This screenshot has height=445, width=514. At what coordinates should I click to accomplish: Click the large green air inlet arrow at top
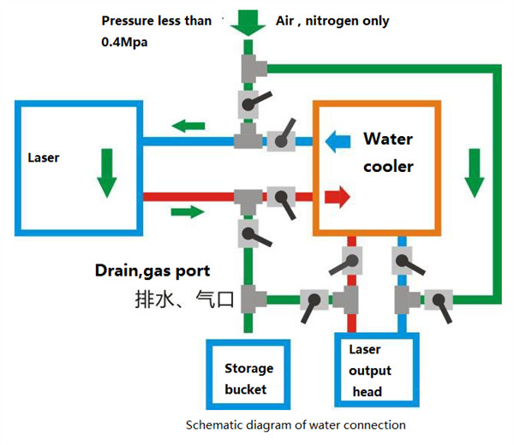point(248,22)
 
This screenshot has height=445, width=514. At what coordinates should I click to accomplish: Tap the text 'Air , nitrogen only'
point(330,20)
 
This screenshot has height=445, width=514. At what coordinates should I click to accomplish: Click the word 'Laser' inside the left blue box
point(43,157)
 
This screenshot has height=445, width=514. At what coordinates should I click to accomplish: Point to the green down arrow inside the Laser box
point(105,171)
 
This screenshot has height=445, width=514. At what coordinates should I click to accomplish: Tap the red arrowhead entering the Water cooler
point(340,198)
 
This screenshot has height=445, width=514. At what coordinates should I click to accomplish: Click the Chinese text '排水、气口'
point(183,299)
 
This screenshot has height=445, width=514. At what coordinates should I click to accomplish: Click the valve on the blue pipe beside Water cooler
point(279,139)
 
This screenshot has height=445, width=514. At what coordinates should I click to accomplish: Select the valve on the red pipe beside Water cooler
point(279,198)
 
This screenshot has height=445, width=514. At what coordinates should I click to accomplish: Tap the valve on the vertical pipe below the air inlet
point(248,105)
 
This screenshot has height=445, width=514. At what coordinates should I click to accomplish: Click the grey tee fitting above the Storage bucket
point(249,299)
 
